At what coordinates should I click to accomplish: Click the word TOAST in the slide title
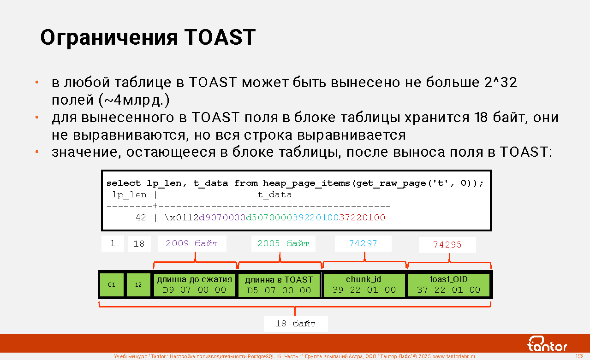coord(220,37)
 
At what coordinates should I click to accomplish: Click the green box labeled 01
coord(112,285)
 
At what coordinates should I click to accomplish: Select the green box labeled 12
coord(138,285)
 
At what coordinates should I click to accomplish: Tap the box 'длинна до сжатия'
coord(194,285)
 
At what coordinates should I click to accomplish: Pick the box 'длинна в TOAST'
coord(279,285)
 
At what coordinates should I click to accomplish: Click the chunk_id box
coord(364,285)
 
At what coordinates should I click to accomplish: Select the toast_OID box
coord(448,285)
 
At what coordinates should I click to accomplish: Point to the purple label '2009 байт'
coord(192,243)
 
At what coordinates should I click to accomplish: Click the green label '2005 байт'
coord(283,243)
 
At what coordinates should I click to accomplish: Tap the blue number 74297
coord(363,243)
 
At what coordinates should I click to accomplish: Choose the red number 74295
coord(447,245)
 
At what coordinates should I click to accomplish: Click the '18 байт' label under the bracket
coord(296,324)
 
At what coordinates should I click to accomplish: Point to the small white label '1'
coord(113,243)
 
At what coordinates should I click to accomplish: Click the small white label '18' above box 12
coord(139,244)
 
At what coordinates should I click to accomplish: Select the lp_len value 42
coord(141,218)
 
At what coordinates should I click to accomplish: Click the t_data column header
coord(275,195)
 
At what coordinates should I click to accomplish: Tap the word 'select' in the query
coord(124,183)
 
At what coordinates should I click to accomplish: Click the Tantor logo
coord(547,344)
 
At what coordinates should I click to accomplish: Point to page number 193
coord(579,356)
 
